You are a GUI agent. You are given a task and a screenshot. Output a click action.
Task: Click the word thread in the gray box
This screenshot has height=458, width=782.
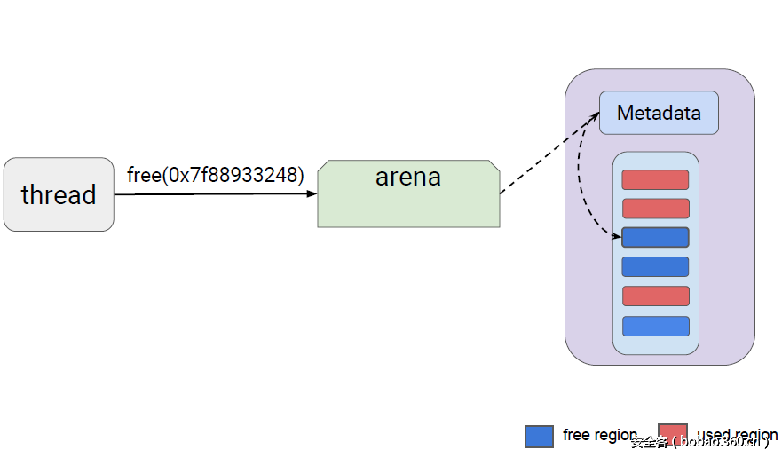coord(59,194)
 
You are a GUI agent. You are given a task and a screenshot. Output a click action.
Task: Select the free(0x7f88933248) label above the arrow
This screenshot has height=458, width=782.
coord(216,175)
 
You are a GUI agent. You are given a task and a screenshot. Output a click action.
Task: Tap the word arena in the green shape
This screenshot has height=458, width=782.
coord(408,177)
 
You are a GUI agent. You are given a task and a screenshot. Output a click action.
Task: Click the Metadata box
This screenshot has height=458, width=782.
coord(659,113)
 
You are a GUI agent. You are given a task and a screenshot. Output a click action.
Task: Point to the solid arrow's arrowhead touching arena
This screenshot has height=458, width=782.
coord(312,193)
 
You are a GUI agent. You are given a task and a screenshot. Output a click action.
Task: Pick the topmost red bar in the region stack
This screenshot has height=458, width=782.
coord(655,179)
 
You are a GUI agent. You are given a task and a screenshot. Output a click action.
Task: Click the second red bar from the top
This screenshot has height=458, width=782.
coord(655,209)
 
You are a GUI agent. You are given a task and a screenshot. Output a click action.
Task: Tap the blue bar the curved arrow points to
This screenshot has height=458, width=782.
coord(655,237)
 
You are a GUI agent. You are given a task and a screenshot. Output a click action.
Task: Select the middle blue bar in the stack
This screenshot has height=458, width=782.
coord(655,266)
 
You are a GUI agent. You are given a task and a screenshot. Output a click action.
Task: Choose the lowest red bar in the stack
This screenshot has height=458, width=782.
coord(655,296)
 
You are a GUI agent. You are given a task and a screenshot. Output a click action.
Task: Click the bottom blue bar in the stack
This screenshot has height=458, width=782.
coord(655,326)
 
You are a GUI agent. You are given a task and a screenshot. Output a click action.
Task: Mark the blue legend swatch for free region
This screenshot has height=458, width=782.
coord(539,436)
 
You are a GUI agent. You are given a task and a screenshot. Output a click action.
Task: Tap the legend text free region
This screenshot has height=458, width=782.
coord(599,435)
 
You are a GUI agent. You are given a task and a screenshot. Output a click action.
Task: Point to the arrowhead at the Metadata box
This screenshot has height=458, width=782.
coord(594,116)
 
